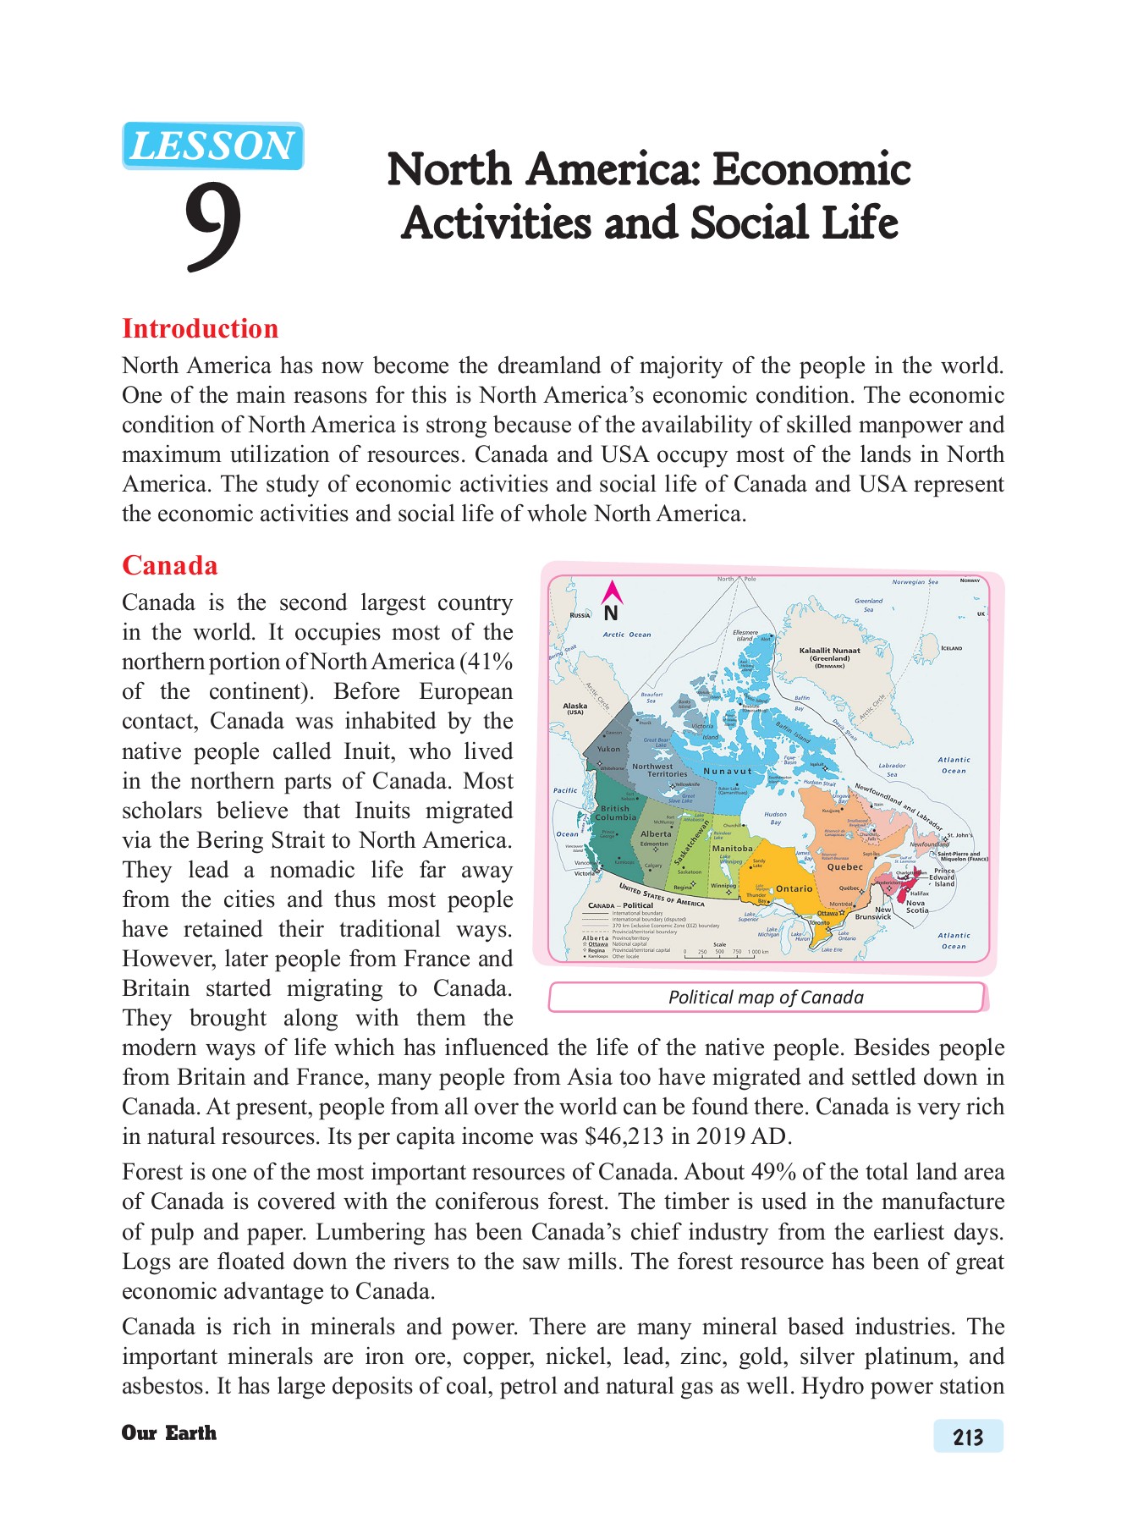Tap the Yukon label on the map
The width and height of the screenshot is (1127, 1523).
click(x=608, y=749)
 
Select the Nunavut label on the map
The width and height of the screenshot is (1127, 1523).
click(x=728, y=771)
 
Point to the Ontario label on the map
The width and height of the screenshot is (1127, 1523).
click(x=794, y=888)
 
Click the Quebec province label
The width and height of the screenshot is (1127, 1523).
click(x=844, y=866)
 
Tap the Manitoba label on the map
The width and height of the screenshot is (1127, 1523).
click(x=732, y=848)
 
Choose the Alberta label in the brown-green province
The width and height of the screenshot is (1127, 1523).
click(x=656, y=833)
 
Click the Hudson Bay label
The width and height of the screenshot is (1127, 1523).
click(x=775, y=818)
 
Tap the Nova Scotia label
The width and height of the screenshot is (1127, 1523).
click(x=917, y=906)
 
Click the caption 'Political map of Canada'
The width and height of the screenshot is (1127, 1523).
click(x=766, y=997)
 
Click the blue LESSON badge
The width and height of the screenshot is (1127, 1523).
click(x=212, y=146)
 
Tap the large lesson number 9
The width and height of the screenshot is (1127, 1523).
click(x=212, y=225)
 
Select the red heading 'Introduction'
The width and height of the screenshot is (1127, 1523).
click(x=200, y=328)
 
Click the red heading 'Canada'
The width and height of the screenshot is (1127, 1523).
click(x=169, y=565)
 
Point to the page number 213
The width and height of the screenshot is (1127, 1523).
click(x=968, y=1437)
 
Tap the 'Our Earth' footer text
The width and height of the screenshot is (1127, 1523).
click(x=168, y=1432)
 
